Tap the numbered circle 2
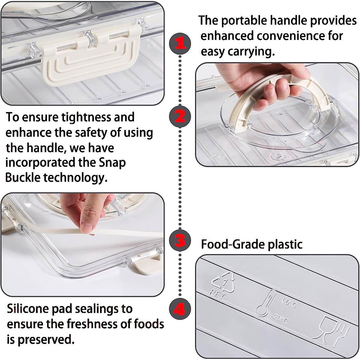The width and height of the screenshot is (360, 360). (180, 117)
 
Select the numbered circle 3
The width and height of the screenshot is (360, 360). (180, 241)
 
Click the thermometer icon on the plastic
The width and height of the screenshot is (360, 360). (265, 303)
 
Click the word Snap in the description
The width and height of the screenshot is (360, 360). (112, 163)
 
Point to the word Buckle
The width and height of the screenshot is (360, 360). (22, 178)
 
